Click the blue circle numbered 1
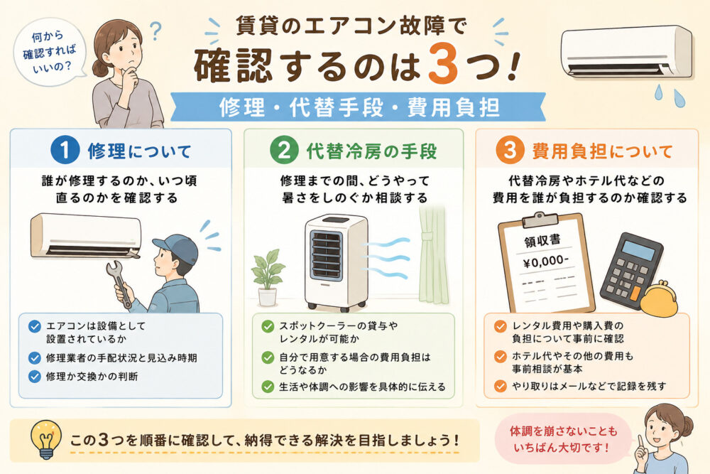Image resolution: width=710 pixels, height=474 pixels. tap(65, 151)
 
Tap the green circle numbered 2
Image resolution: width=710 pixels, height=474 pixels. tap(284, 151)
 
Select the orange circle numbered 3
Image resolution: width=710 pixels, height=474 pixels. tap(510, 151)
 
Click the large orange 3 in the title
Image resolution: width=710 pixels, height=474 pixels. tap(443, 64)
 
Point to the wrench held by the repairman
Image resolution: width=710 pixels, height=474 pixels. tap(119, 284)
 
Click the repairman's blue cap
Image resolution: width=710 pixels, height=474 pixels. tap(177, 248)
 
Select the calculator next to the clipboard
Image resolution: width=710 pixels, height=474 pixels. tap(630, 270)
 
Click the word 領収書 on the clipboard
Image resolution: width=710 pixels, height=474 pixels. tap(542, 240)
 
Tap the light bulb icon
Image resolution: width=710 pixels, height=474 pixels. tap(45, 438)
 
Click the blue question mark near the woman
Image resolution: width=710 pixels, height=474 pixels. tap(155, 31)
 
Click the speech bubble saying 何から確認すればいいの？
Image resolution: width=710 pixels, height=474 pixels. tap(50, 52)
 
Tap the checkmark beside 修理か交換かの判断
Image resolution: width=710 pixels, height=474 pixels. tap(34, 377)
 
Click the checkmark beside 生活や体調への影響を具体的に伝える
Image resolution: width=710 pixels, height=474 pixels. tap(268, 387)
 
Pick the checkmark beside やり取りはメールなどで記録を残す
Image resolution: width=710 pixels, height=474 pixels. tap(501, 386)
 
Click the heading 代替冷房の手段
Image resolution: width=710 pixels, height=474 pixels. tap(372, 151)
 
